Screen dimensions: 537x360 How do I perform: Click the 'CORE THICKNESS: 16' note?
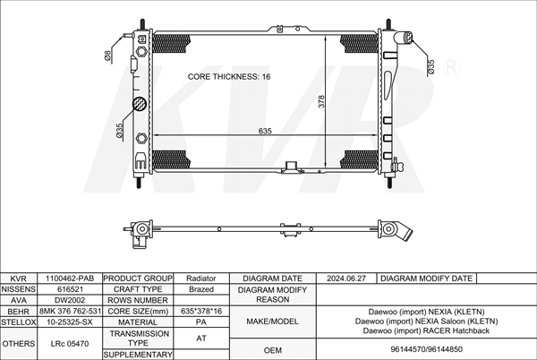[229, 76]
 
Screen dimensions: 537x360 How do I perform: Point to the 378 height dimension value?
[321, 101]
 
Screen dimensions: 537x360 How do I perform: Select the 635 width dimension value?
[265, 131]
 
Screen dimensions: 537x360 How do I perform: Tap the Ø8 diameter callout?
[107, 55]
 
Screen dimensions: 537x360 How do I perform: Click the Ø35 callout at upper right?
[430, 66]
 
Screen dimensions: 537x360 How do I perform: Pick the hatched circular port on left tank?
[140, 104]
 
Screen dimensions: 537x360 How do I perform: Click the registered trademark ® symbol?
[451, 68]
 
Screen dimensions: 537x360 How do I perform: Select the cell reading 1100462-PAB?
[70, 279]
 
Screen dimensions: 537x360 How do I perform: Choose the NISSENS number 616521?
[70, 289]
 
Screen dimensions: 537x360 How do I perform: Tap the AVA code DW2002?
[70, 300]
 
